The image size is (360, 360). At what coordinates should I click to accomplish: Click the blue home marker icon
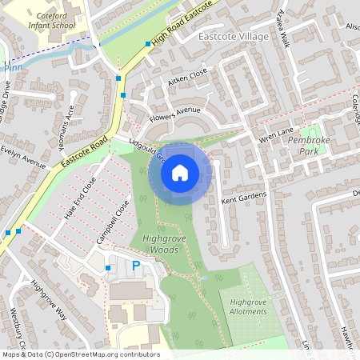tap(180, 172)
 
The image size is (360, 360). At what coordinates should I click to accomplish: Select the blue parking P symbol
tap(136, 265)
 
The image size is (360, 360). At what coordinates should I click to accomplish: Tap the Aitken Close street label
tap(187, 78)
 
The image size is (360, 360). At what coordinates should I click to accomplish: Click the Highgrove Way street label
tap(49, 301)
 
